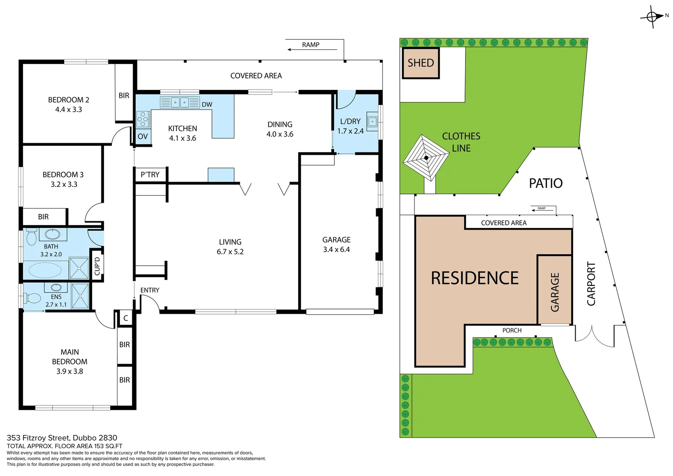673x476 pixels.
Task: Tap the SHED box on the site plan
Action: [421, 63]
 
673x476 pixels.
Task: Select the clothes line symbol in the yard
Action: [426, 158]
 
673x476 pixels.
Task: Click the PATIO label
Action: [546, 183]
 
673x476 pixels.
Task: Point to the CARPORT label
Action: [591, 284]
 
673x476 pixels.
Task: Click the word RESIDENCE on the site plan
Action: [474, 278]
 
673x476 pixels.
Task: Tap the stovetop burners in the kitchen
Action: [143, 119]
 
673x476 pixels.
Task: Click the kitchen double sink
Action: [180, 102]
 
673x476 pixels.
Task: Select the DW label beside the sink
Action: [207, 104]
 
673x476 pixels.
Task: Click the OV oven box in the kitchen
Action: [143, 137]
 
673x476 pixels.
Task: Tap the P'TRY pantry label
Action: [150, 175]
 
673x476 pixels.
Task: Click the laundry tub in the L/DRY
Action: [372, 121]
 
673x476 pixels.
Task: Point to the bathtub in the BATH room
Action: [45, 270]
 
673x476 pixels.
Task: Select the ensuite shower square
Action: [80, 296]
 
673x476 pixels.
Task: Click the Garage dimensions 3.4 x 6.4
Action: [336, 249]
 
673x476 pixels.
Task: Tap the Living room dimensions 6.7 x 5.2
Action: [230, 252]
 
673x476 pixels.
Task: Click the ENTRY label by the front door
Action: [150, 290]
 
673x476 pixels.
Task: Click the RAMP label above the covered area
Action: [311, 45]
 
